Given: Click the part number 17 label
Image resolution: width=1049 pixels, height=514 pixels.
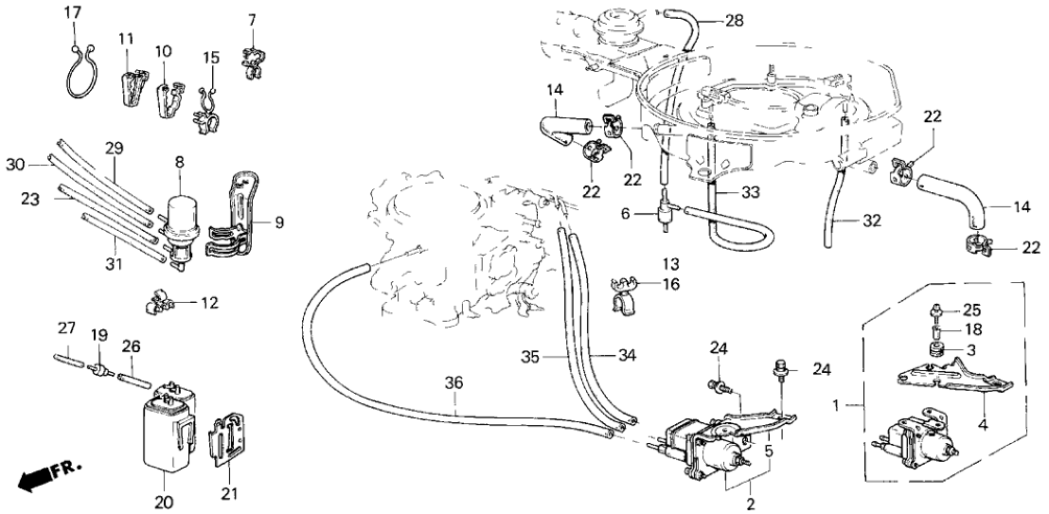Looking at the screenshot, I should pos(73,12).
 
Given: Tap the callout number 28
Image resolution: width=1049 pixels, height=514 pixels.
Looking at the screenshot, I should pos(735,21).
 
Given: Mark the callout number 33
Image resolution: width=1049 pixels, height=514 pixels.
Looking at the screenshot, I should pos(751,191).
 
